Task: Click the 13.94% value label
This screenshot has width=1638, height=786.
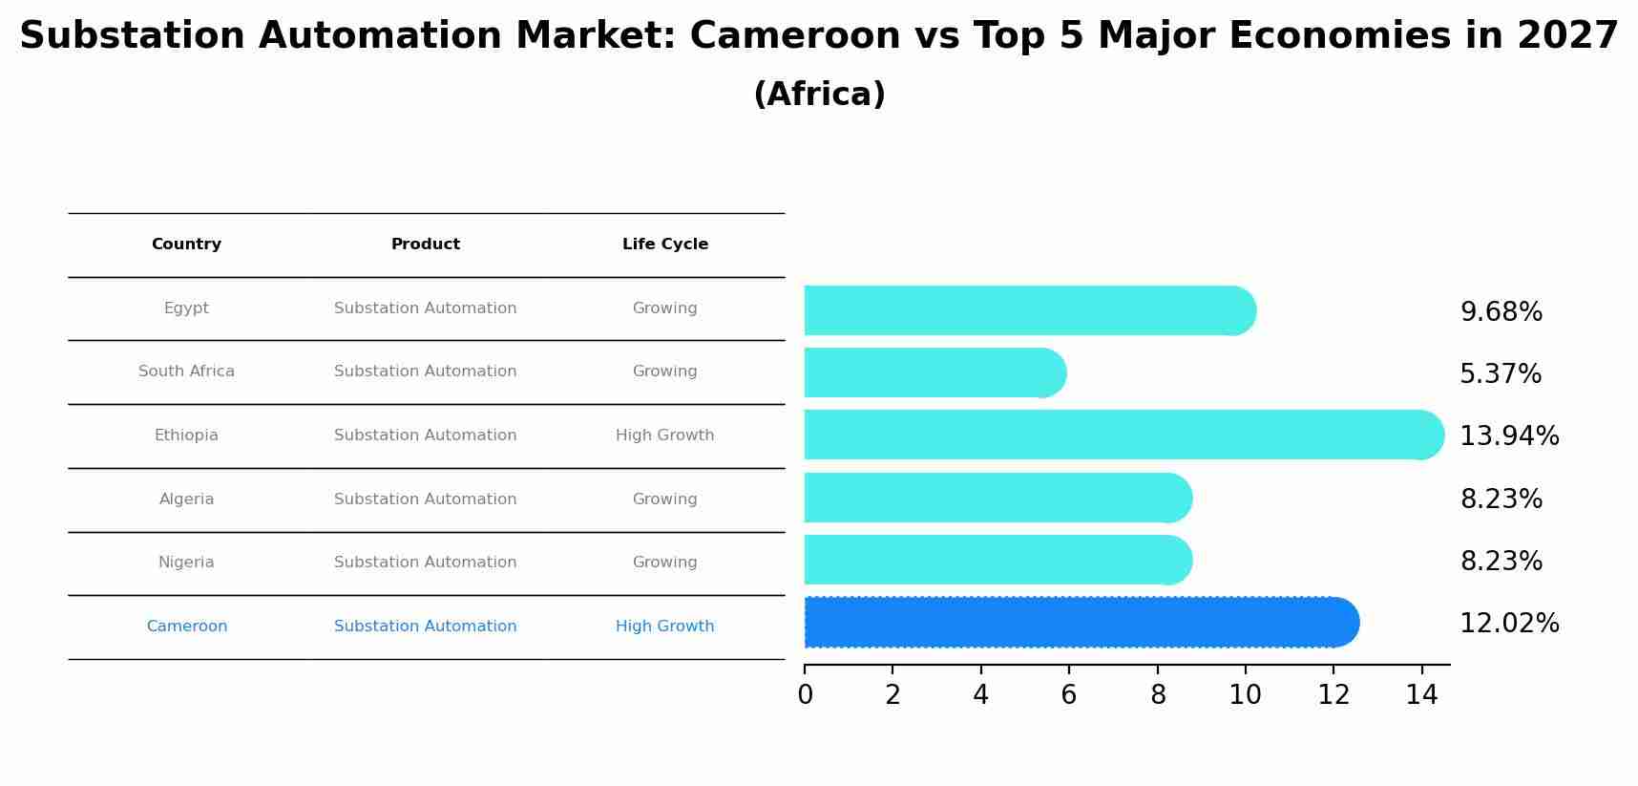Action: pos(1509,436)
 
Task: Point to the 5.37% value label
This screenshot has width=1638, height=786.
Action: pos(1501,374)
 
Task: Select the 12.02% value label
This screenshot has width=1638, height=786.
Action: pos(1509,624)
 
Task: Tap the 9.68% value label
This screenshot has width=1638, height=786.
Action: pos(1501,312)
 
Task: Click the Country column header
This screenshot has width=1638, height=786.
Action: pos(186,244)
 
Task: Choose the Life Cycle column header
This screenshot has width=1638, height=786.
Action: pos(665,244)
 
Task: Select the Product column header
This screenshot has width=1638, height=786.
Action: pos(426,244)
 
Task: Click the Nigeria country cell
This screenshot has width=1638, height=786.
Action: pos(186,563)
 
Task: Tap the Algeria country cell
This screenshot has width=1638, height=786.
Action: pos(186,499)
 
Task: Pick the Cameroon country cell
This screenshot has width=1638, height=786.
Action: pos(187,627)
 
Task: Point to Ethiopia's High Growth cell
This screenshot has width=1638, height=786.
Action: pos(665,435)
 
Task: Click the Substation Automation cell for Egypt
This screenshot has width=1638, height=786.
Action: pos(426,308)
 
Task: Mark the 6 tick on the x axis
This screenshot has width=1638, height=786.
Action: pos(1069,694)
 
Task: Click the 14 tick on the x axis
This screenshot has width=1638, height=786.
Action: pos(1421,694)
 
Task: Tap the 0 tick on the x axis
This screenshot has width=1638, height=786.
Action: pos(805,694)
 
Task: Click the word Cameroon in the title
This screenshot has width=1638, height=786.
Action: pos(794,36)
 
